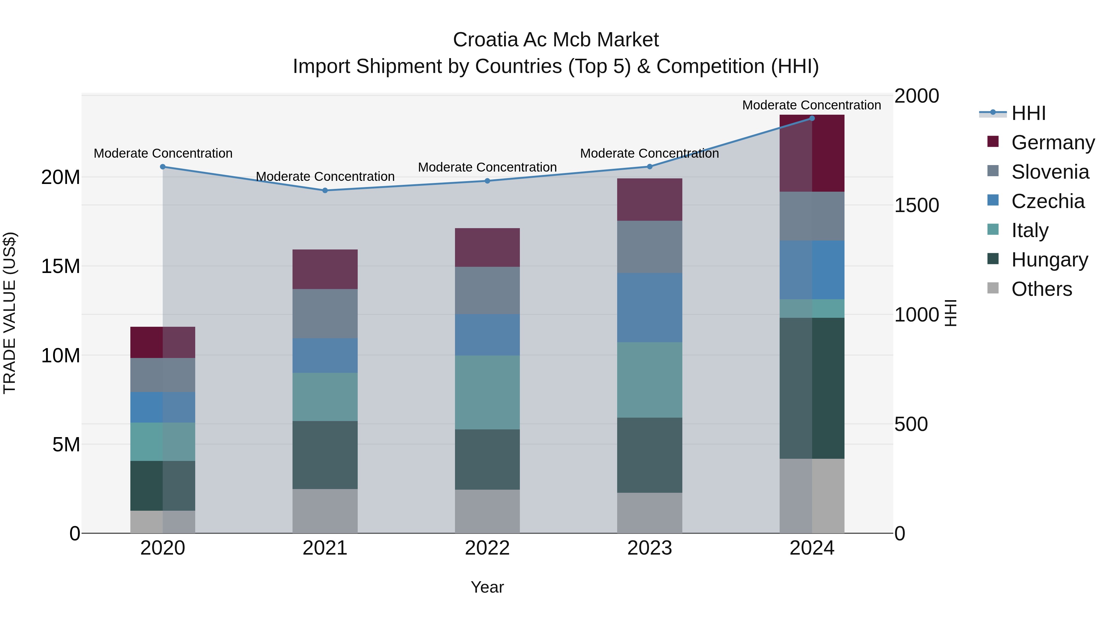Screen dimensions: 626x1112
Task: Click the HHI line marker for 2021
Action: click(325, 190)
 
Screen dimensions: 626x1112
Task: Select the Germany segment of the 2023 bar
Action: click(650, 200)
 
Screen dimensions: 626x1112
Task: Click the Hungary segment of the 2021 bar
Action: click(325, 455)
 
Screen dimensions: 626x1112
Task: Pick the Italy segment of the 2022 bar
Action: click(487, 392)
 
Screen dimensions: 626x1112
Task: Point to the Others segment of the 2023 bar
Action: click(650, 513)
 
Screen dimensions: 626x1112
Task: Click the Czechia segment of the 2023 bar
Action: click(650, 308)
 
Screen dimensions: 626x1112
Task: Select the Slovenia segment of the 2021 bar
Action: click(325, 314)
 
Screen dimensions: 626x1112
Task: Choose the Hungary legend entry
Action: click(1049, 260)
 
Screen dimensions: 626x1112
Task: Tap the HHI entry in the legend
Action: click(1028, 113)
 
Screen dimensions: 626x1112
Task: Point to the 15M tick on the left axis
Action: click(61, 266)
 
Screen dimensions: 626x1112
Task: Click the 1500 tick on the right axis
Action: click(916, 205)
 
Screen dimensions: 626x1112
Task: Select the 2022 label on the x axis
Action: click(487, 548)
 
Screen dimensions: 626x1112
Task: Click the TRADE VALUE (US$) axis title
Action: click(10, 313)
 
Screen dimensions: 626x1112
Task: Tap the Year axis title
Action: click(487, 587)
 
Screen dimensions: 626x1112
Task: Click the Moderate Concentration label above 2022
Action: click(487, 167)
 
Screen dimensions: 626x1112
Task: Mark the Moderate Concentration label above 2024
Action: click(811, 105)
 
